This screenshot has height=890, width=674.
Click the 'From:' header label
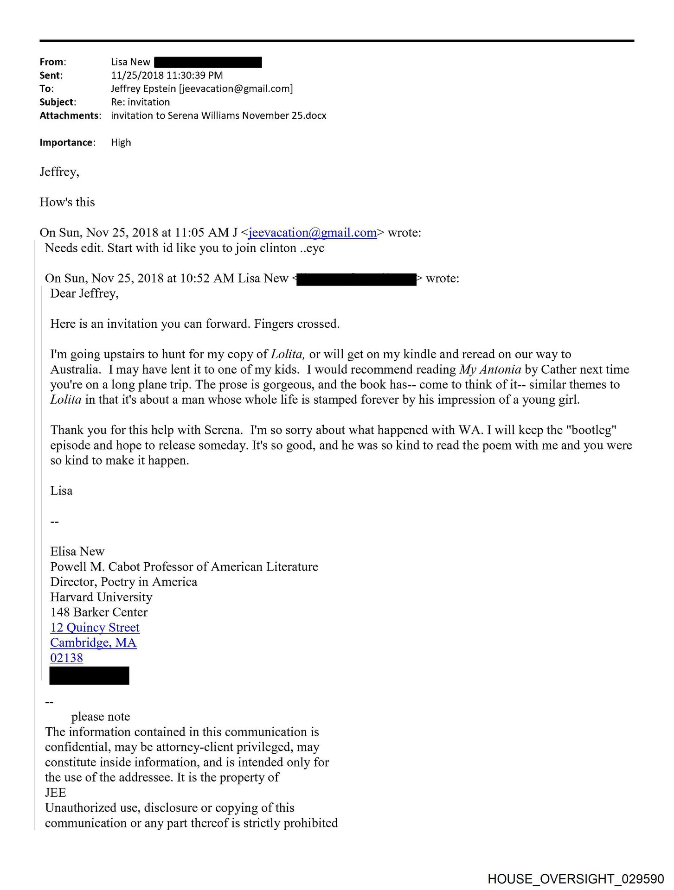(x=52, y=62)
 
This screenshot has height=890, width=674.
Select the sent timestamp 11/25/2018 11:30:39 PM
(x=167, y=75)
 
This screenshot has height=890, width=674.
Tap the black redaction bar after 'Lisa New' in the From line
(x=208, y=62)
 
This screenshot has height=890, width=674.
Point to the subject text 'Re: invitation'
(x=140, y=102)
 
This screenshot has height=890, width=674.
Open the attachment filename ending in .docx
(x=218, y=115)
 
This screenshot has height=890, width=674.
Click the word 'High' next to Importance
(x=121, y=142)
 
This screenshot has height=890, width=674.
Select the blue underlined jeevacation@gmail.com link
(x=312, y=233)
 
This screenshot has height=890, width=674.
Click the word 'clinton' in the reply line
(x=278, y=248)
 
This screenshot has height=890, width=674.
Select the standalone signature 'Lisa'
(x=61, y=491)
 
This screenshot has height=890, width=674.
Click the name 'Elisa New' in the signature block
(x=77, y=552)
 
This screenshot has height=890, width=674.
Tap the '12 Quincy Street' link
(x=95, y=628)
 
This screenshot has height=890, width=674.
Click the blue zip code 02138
(x=66, y=658)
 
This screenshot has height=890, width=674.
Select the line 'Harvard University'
(x=101, y=597)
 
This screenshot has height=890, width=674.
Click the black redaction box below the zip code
(x=89, y=676)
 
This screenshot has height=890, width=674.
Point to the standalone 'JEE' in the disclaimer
(x=55, y=793)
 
